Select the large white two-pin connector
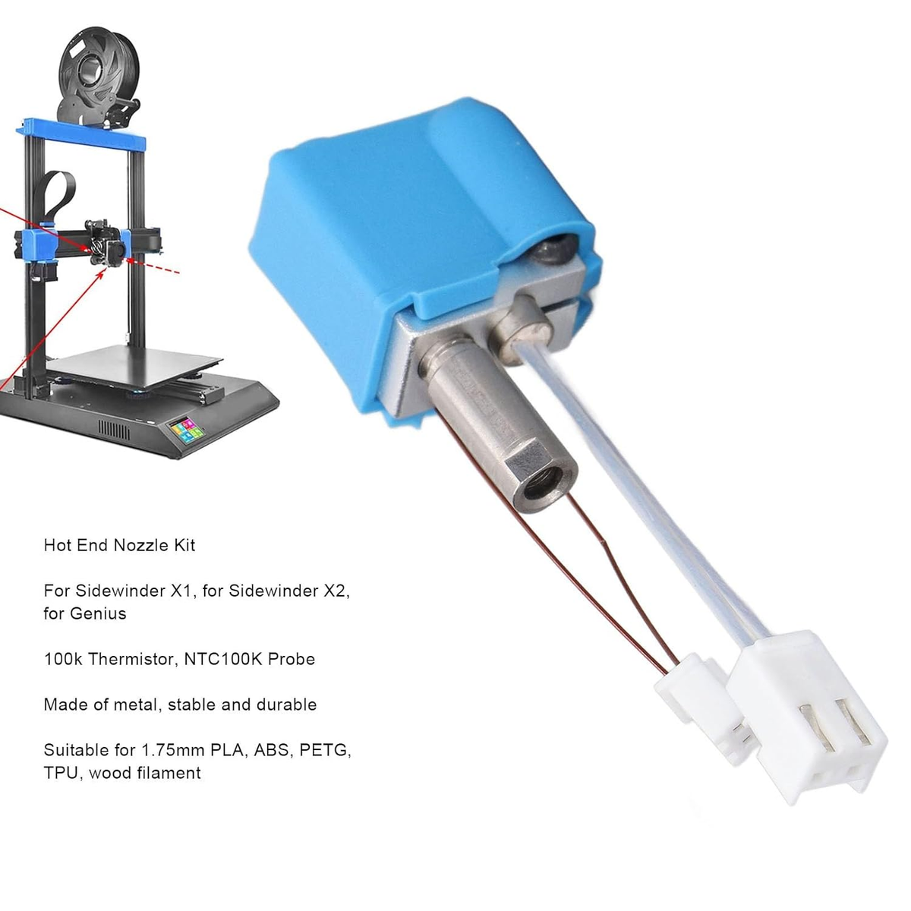click(x=806, y=714)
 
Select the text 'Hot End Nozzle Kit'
click(x=119, y=545)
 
